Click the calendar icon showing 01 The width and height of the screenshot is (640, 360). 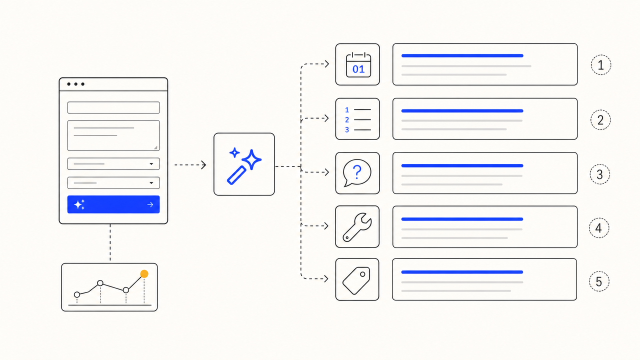358,65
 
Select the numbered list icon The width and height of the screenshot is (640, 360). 357,119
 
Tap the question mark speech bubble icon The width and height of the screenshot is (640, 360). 357,173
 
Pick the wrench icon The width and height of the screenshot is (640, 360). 357,227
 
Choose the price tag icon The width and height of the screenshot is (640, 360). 356,280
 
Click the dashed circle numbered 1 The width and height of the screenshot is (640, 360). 601,65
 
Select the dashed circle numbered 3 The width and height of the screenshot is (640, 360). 599,174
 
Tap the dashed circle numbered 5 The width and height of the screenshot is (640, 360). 599,281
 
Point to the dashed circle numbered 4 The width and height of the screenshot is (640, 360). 599,227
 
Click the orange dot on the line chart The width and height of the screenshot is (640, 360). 144,274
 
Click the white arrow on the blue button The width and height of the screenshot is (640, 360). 150,204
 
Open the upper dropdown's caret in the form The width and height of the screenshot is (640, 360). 151,163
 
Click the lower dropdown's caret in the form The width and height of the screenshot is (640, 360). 151,183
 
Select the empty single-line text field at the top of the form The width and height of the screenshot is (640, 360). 113,107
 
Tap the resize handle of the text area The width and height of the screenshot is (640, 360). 155,147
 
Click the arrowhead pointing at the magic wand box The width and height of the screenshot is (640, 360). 203,165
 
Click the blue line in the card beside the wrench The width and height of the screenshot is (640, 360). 462,219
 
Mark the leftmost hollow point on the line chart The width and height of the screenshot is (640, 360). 77,294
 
